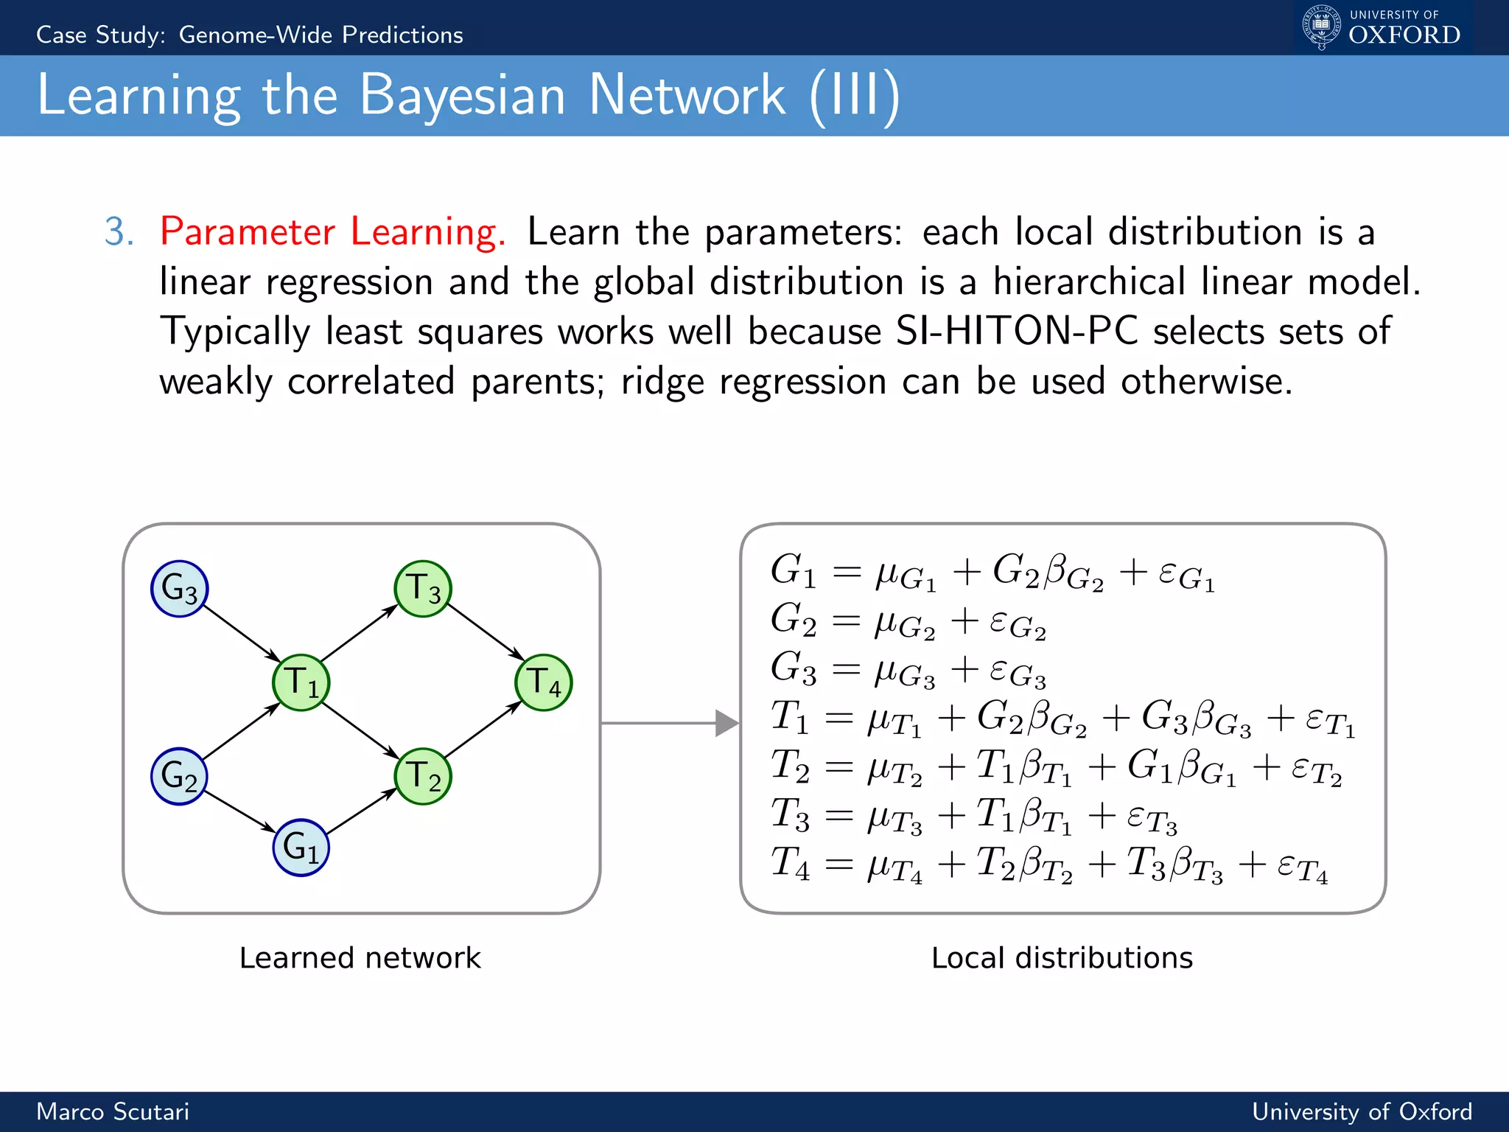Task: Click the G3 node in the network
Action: (179, 589)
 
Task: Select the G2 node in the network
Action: (179, 776)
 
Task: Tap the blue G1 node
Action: (301, 847)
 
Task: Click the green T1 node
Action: (301, 682)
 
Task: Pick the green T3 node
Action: (422, 589)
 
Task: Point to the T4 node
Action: (543, 682)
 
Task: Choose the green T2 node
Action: (422, 776)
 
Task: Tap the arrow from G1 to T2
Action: (361, 812)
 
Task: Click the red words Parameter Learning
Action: (332, 231)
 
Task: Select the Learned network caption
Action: (360, 957)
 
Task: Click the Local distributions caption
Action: (1062, 957)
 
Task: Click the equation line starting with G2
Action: (908, 621)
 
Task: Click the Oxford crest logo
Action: (1321, 27)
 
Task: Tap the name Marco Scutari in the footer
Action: (113, 1111)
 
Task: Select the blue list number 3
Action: (119, 231)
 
